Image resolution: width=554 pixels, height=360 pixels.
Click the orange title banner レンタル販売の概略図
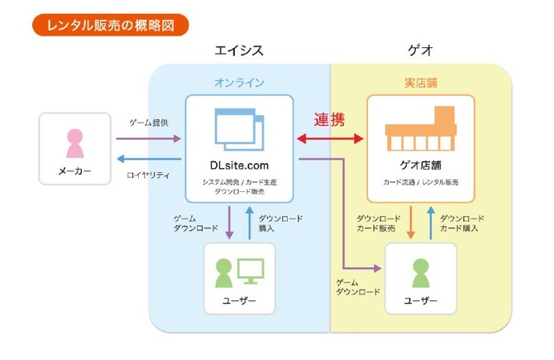pos(111,25)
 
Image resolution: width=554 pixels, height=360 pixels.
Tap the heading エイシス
pos(239,50)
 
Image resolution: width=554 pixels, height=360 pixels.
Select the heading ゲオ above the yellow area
pos(420,50)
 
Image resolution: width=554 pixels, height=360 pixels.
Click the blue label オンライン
pos(239,83)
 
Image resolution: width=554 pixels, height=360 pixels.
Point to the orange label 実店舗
pos(421,83)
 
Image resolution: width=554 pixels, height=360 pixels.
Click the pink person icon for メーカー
pos(75,143)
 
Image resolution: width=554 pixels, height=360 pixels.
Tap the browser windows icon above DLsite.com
pos(240,129)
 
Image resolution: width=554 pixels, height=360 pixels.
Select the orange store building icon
pos(421,128)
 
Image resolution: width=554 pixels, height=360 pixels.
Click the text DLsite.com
pos(239,166)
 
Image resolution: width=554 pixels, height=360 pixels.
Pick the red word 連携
pos(329,119)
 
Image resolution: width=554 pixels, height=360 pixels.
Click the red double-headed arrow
pos(330,139)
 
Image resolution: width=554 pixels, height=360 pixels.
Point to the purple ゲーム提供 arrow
pos(149,139)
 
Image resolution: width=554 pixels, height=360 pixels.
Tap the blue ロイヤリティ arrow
pos(149,159)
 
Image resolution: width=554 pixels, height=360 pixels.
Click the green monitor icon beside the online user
pos(251,271)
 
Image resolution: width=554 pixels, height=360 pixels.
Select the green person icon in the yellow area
pos(421,273)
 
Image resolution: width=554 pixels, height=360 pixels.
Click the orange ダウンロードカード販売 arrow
pos(411,223)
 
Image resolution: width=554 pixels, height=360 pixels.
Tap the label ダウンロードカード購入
pos(461,223)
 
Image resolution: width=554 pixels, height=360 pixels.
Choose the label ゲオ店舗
pos(420,166)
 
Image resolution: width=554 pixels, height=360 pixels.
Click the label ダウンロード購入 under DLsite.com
pos(280,223)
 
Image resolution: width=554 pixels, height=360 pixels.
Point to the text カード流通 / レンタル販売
pos(420,182)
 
